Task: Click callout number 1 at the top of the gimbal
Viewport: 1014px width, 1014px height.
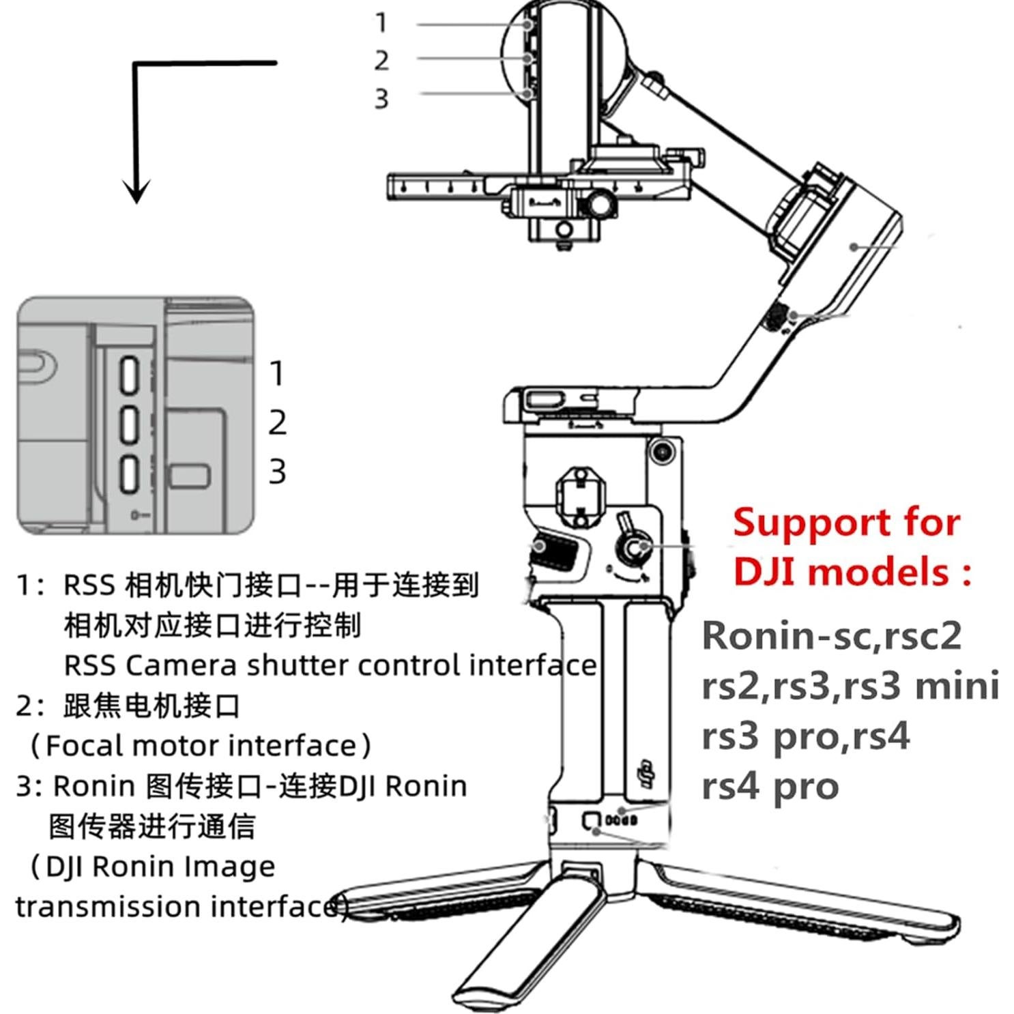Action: [381, 23]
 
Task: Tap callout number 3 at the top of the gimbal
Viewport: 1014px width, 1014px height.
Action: [381, 99]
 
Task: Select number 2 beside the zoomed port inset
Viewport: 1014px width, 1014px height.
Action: [277, 422]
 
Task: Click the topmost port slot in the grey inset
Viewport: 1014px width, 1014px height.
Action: [129, 375]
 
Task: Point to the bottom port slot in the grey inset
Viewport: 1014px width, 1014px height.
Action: [129, 473]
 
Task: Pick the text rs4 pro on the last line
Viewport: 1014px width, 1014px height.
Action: [770, 786]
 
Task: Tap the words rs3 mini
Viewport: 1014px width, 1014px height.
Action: [921, 686]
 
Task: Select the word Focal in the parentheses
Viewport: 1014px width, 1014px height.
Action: [85, 745]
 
